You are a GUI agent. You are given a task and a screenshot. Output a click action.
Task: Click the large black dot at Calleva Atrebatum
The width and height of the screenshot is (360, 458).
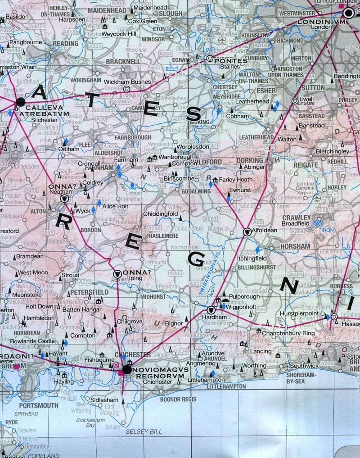pyautogui.click(x=20, y=102)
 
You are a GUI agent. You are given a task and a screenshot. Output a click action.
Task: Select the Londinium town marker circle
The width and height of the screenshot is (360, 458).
pyautogui.click(x=348, y=14)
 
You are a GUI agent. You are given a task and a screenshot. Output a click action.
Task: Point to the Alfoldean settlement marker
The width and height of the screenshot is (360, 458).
pyautogui.click(x=247, y=231)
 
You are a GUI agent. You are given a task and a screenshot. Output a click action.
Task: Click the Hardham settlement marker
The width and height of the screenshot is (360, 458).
pyautogui.click(x=211, y=310)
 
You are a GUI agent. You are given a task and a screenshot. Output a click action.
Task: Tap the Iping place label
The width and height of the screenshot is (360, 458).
pyautogui.click(x=135, y=278)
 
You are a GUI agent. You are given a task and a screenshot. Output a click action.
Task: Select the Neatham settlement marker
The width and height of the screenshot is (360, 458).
pyautogui.click(x=64, y=198)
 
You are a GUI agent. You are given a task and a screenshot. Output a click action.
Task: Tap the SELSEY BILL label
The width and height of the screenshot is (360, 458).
pyautogui.click(x=144, y=431)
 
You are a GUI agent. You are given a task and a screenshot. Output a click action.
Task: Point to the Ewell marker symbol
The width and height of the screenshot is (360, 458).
pyautogui.click(x=294, y=101)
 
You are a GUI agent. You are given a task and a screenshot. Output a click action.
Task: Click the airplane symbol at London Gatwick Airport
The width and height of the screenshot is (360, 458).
pyautogui.click(x=317, y=198)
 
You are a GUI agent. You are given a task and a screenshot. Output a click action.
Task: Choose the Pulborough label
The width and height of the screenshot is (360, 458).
pyautogui.click(x=244, y=297)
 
